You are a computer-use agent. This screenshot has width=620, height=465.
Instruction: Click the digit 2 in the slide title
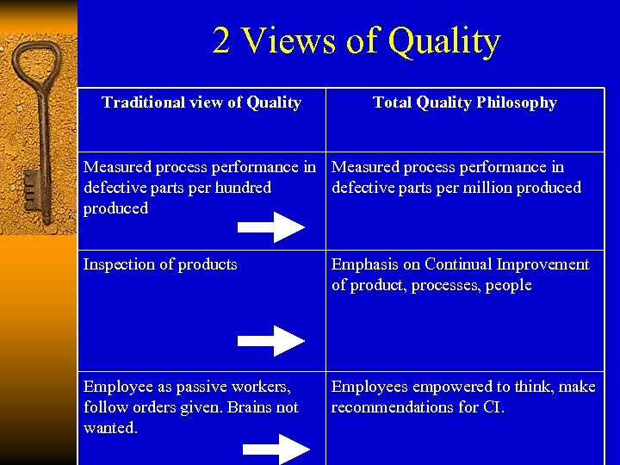coord(222,41)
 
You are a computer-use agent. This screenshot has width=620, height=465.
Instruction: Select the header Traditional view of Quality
coord(201,102)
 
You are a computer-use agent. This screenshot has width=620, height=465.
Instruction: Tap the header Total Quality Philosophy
coord(464,102)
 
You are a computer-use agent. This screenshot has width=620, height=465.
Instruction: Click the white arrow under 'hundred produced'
coord(270,227)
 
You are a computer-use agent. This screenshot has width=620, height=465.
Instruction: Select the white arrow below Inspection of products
coord(270,340)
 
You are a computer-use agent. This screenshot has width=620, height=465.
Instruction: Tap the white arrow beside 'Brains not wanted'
coord(276,448)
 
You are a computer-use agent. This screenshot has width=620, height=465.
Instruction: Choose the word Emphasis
coord(365,264)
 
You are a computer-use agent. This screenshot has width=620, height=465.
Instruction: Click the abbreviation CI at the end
coord(492,407)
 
